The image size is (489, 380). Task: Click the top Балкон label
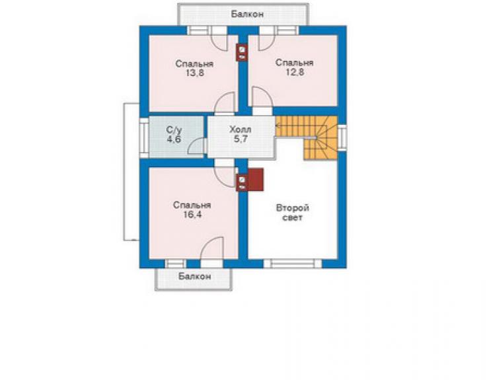pos(247,14)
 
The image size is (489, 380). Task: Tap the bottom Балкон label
pos(194,276)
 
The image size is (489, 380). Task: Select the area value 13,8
pos(194,73)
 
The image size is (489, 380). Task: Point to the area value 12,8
pos(295,73)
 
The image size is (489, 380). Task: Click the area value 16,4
pos(192,215)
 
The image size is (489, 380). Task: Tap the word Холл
pos(240,129)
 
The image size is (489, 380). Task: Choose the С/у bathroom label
pos(174,130)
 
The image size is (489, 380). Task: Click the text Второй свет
pos(293,212)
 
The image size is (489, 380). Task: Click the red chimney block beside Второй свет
pos(256,179)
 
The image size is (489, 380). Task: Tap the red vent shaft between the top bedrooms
pos(242,52)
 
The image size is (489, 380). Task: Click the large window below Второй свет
pos(293,264)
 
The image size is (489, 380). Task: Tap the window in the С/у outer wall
pos(144,137)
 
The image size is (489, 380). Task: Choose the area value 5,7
pos(241,139)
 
